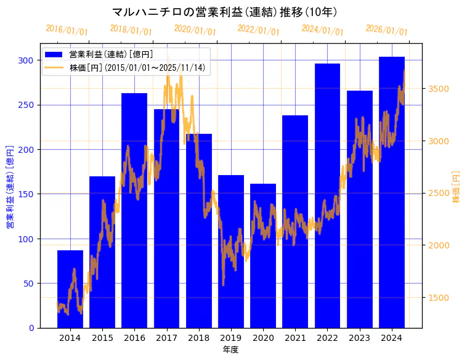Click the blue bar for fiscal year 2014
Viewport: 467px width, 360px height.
coord(70,289)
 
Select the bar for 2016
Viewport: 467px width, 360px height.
coord(134,210)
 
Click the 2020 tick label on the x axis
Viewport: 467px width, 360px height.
coord(263,338)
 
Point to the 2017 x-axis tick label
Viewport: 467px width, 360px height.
coord(166,338)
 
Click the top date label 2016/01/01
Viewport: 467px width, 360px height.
coord(67,30)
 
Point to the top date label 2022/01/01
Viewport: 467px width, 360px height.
coord(259,30)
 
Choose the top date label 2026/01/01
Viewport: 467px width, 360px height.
coord(386,30)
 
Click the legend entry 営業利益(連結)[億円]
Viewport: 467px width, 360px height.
coord(111,55)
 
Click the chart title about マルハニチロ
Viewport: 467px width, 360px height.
coord(224,12)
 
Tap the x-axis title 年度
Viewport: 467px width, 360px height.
coord(230,350)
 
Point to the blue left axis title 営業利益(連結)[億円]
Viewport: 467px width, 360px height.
coord(10,187)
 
